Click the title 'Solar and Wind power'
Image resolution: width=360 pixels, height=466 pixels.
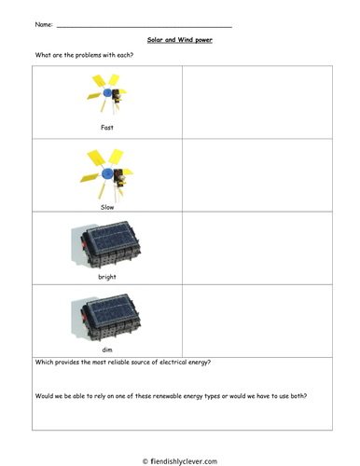180,40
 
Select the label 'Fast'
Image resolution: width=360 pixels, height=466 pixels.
107,128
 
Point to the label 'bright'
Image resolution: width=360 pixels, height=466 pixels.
107,277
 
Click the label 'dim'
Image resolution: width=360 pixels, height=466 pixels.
107,349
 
